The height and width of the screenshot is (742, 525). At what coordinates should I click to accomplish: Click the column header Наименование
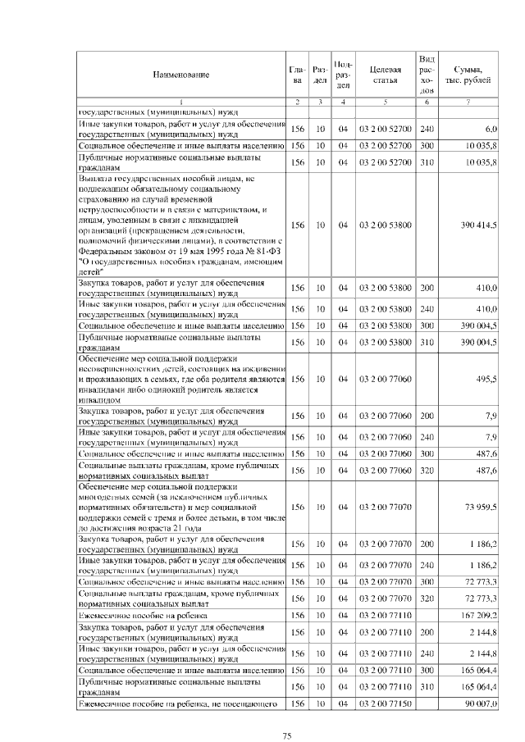tap(180, 75)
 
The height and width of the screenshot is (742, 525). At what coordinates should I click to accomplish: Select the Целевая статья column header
tap(385, 75)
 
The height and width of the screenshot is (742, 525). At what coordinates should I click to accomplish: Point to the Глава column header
tap(297, 75)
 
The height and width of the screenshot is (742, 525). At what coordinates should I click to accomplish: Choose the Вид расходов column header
tap(427, 75)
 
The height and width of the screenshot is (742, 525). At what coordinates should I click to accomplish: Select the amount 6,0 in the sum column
tap(491, 129)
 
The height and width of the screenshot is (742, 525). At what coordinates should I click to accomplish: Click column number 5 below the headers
tap(385, 101)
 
